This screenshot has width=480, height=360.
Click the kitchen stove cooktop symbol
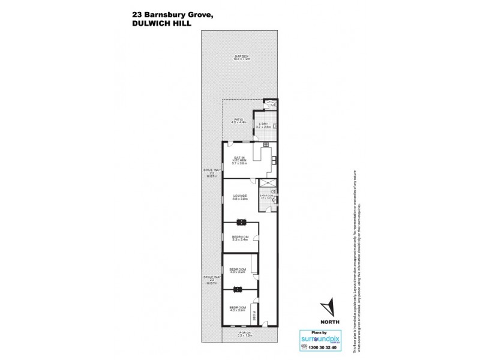(274, 160)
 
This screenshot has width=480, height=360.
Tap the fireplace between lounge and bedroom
(241, 222)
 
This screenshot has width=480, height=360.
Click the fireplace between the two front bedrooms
(239, 289)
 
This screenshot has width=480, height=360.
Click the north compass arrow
(327, 307)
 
